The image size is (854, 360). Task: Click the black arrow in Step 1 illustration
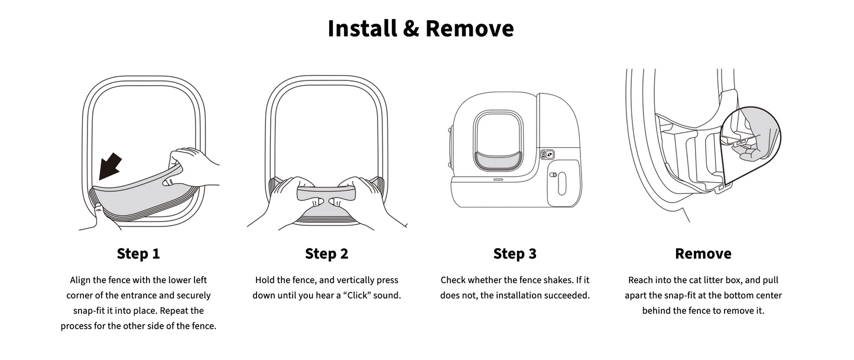click(x=110, y=167)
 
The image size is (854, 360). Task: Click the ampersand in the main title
click(x=411, y=29)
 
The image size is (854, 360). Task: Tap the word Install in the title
click(x=362, y=28)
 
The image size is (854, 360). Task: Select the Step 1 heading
click(x=138, y=254)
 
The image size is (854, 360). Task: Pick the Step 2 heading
click(x=327, y=254)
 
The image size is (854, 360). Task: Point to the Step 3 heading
click(x=515, y=254)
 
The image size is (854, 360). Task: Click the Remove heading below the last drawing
click(x=703, y=254)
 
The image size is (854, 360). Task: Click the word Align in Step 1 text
click(x=80, y=281)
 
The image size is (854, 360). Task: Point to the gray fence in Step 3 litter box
click(x=498, y=160)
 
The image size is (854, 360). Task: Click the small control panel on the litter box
click(x=547, y=154)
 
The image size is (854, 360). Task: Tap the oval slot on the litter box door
click(x=561, y=183)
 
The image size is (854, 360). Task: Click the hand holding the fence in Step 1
click(x=191, y=168)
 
